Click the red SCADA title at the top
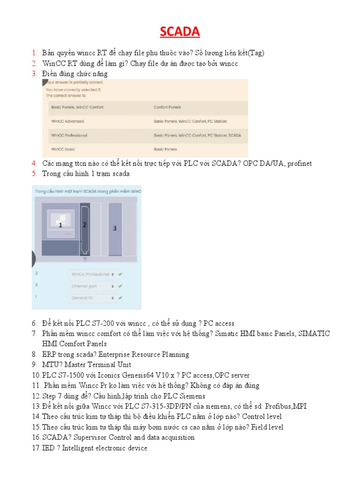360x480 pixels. (180, 31)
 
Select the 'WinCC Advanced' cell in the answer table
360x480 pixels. (67, 121)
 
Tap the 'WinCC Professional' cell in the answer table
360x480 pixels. (69, 135)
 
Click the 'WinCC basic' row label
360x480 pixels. (63, 150)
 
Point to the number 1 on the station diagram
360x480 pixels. (60, 225)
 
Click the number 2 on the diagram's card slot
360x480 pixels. (84, 225)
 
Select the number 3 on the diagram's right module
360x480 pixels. (114, 228)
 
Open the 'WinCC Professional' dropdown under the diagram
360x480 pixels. (92, 274)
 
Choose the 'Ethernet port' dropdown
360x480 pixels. (92, 286)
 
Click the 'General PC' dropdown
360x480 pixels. (92, 298)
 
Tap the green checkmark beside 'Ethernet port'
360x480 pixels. (120, 286)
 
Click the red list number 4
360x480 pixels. (34, 163)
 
